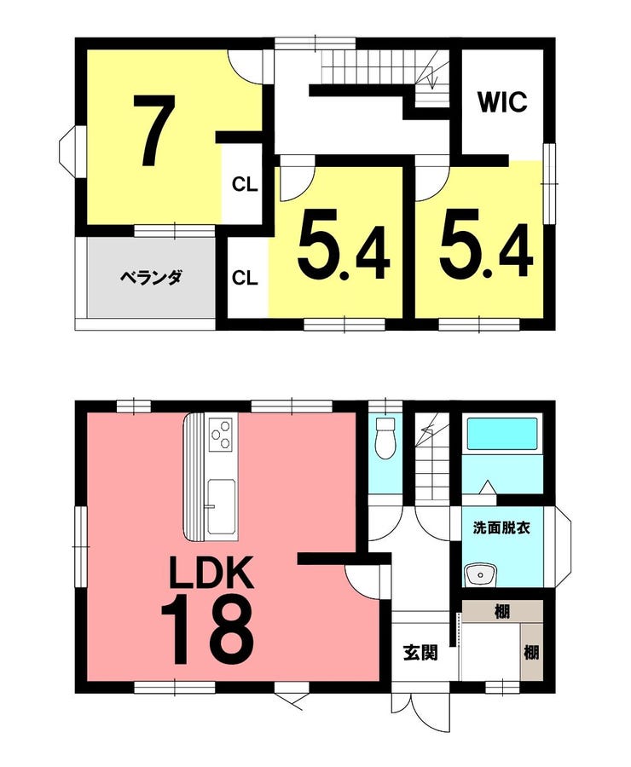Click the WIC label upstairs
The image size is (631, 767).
tap(502, 101)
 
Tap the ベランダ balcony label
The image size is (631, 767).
tap(151, 278)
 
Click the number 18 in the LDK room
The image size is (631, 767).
tap(207, 629)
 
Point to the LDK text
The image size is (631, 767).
tap(211, 572)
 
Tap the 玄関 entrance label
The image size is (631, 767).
tap(420, 652)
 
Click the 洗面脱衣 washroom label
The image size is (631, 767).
tap(501, 528)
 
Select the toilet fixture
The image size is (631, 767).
tap(385, 437)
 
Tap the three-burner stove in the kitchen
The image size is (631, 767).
tap(220, 433)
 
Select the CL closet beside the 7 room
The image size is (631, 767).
tap(244, 185)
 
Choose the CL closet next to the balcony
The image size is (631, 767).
tap(244, 278)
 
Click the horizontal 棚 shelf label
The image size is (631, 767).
tap(501, 611)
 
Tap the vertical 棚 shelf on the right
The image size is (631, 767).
tap(532, 652)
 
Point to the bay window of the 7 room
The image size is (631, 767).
tap(67, 147)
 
